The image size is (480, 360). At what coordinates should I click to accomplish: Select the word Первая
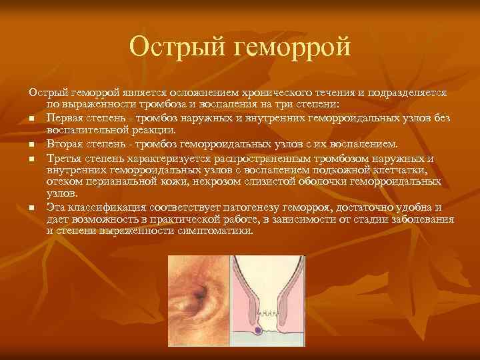click(x=65, y=118)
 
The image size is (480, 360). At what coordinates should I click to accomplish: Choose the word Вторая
click(x=65, y=143)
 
